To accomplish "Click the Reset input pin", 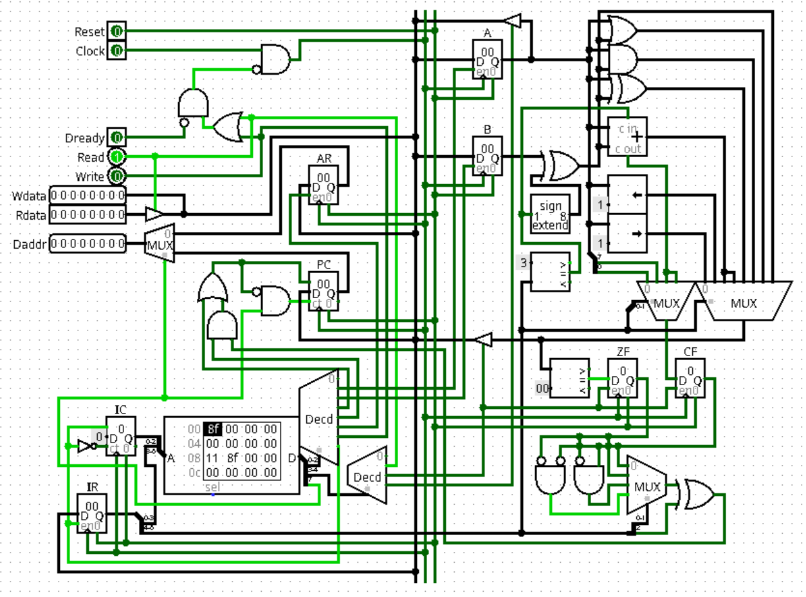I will click(116, 31).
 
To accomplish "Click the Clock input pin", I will click(116, 50).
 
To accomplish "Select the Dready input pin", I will click(116, 138).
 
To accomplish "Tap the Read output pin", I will click(116, 156).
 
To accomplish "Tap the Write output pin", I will click(116, 176).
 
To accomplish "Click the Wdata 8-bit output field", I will click(88, 195).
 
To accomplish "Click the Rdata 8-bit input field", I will click(88, 214).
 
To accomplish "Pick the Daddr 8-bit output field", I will click(88, 244).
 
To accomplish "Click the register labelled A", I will click(487, 59).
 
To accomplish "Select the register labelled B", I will click(487, 155).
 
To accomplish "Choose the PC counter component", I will click(323, 290).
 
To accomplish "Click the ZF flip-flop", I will click(622, 378).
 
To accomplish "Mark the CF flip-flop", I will click(690, 378).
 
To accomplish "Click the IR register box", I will click(92, 513).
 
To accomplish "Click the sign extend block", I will click(550, 214).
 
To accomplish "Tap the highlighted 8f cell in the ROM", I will click(213, 430).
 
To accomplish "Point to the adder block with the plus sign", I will click(628, 137).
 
